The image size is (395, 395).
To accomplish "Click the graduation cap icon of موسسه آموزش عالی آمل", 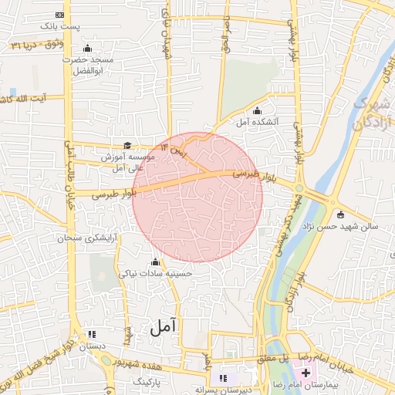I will point(127,145).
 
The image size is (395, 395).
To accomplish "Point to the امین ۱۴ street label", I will point(174,145).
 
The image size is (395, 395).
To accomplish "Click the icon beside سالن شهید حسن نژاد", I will point(340,214).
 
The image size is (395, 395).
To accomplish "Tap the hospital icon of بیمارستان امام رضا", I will point(296,373).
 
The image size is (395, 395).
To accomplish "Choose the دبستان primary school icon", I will point(93,335).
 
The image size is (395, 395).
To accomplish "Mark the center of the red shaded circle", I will point(197,197).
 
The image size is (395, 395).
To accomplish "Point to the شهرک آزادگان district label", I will point(373,113).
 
